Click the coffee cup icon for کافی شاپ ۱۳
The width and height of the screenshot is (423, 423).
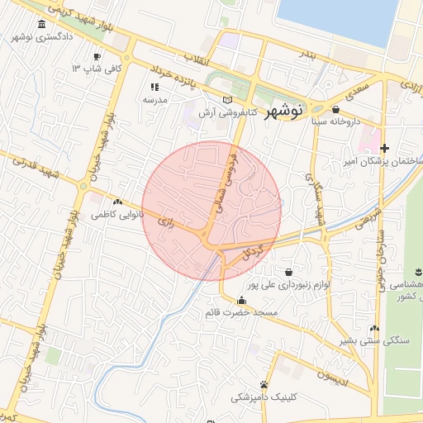click(97, 56)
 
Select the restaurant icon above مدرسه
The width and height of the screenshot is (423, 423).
click(154, 87)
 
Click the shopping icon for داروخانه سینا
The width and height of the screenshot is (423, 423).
click(335, 109)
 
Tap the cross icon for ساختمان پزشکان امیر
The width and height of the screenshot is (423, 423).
click(384, 148)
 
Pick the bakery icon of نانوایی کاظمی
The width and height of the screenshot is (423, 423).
click(117, 202)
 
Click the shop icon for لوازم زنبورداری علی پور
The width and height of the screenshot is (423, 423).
click(288, 272)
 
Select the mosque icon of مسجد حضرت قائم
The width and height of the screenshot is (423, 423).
click(241, 301)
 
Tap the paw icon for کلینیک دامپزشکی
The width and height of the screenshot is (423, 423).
click(264, 384)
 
